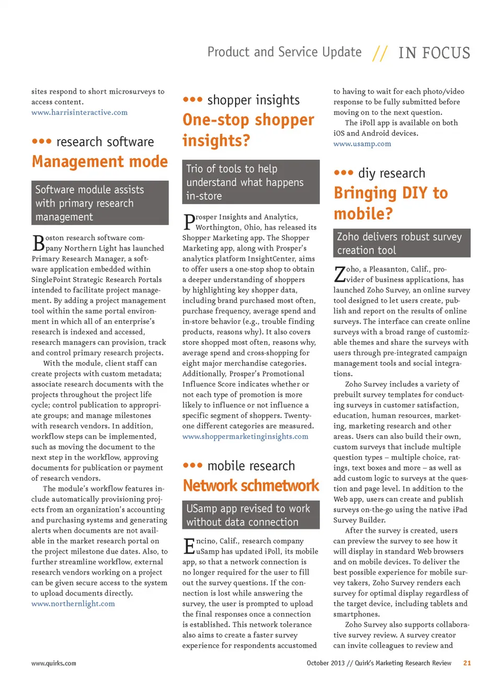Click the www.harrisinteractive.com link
[79, 112]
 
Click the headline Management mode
[100, 161]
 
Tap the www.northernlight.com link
[73, 604]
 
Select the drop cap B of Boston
[38, 243]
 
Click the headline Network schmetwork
[251, 486]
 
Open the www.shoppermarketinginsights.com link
[245, 436]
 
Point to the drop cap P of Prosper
[189, 222]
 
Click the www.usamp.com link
[362, 144]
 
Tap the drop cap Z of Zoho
[339, 274]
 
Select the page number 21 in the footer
[467, 663]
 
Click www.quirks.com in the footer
[54, 663]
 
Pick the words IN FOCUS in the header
[434, 53]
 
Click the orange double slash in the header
[380, 53]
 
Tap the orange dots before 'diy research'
[344, 172]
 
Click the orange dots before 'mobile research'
[192, 465]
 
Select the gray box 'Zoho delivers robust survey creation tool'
[402, 243]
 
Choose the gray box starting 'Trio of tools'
[251, 182]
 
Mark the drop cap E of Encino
[189, 546]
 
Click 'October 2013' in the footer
[325, 663]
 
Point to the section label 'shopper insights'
[254, 100]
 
